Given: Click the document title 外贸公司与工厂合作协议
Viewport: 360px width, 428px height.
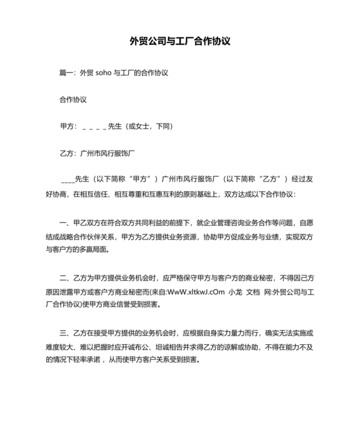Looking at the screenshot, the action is pos(180,42).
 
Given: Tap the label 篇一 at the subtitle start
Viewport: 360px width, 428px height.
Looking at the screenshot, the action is pos(66,73).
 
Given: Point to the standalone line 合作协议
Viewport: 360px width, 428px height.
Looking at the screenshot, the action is pos(73,100).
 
